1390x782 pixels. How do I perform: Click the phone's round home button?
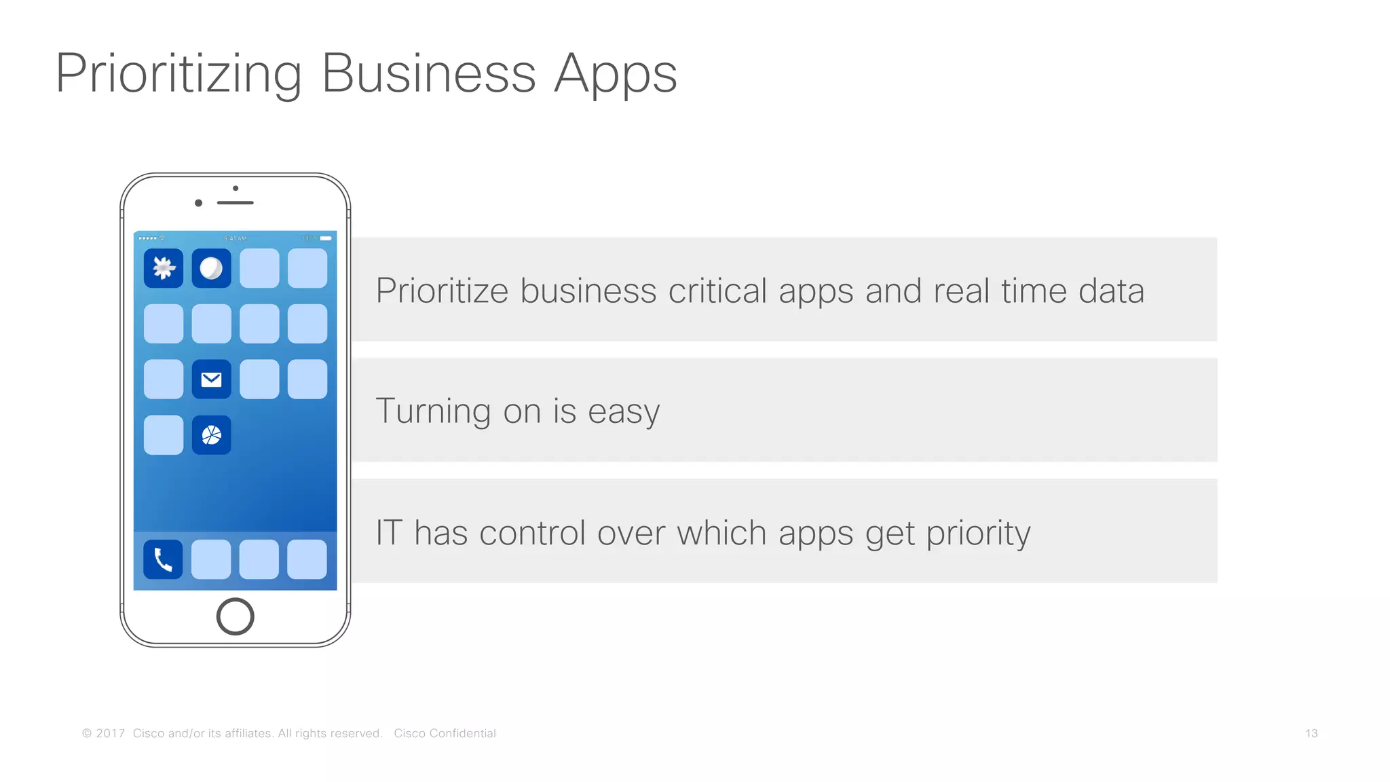click(235, 616)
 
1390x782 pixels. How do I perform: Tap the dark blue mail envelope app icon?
click(212, 379)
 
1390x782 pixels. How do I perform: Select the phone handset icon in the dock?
click(163, 559)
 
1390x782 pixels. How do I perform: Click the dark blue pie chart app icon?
click(212, 435)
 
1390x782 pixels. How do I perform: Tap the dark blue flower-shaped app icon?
click(164, 268)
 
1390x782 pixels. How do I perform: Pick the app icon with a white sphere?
click(212, 268)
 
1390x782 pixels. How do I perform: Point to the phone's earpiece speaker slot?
click(235, 203)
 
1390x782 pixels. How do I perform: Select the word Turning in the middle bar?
click(433, 411)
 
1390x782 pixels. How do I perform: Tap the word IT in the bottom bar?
click(389, 533)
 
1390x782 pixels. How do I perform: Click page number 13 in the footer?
click(1311, 733)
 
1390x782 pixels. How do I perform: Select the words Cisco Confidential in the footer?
click(445, 733)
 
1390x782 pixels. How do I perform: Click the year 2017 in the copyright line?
click(111, 733)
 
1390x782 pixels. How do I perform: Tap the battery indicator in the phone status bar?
click(326, 238)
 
